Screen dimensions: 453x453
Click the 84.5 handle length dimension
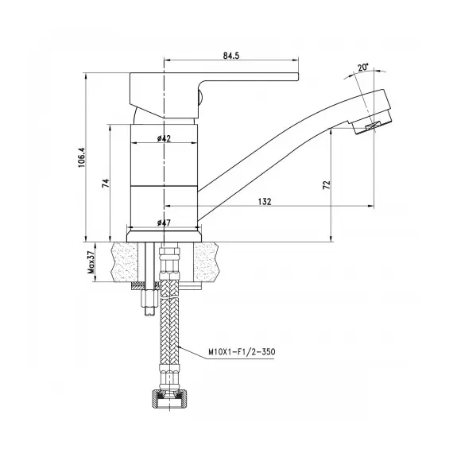[x=232, y=56]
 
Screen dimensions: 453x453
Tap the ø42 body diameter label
[x=165, y=138]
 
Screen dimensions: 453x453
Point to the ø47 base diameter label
[x=165, y=222]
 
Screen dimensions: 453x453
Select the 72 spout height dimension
[x=326, y=184]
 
